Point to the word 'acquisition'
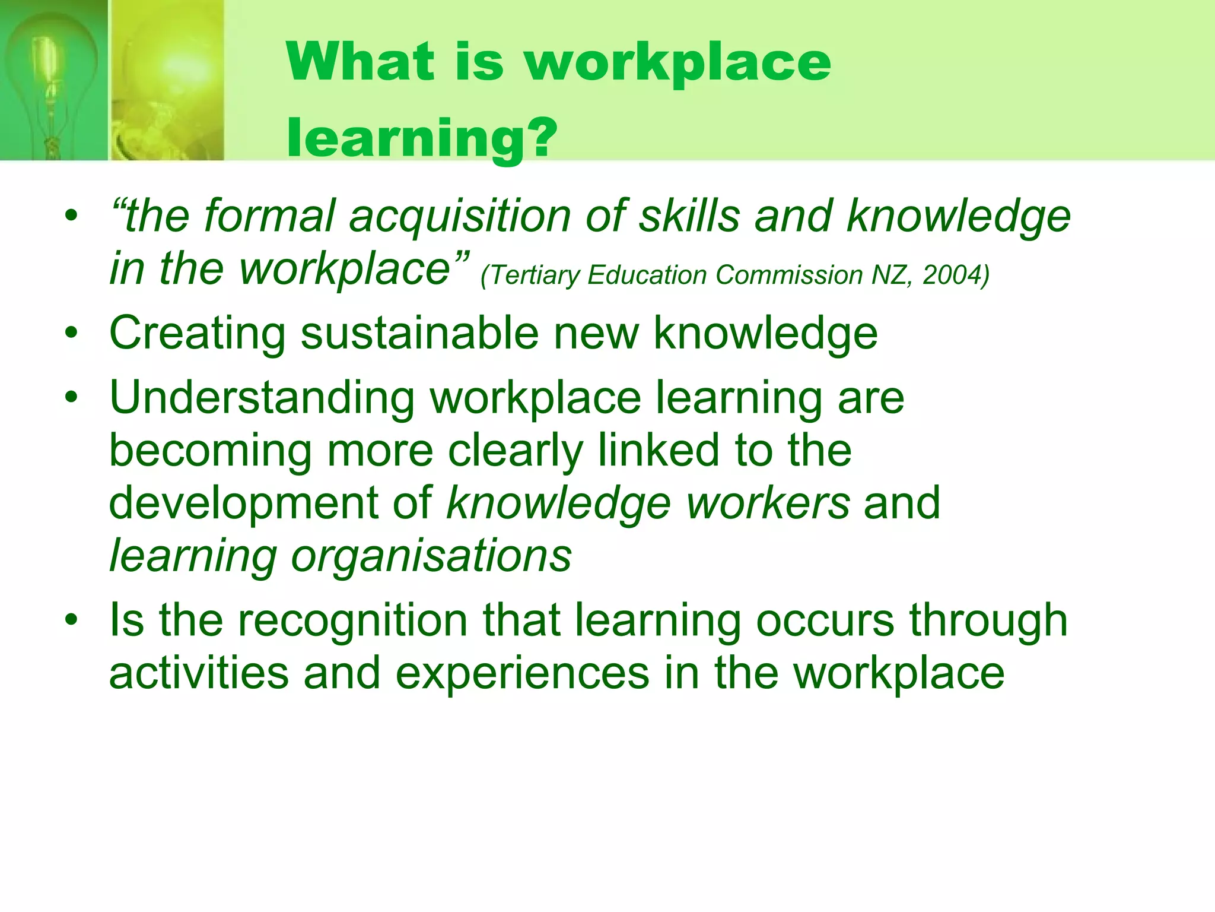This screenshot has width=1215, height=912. point(460,216)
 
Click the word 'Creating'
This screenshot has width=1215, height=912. point(198,334)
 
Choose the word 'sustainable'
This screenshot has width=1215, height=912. point(419,334)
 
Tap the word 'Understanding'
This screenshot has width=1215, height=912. point(262,398)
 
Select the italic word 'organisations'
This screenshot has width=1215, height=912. point(431,556)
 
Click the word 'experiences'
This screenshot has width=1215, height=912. point(522,673)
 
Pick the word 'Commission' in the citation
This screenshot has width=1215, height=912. point(789,275)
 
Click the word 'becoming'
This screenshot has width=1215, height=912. point(211,451)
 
